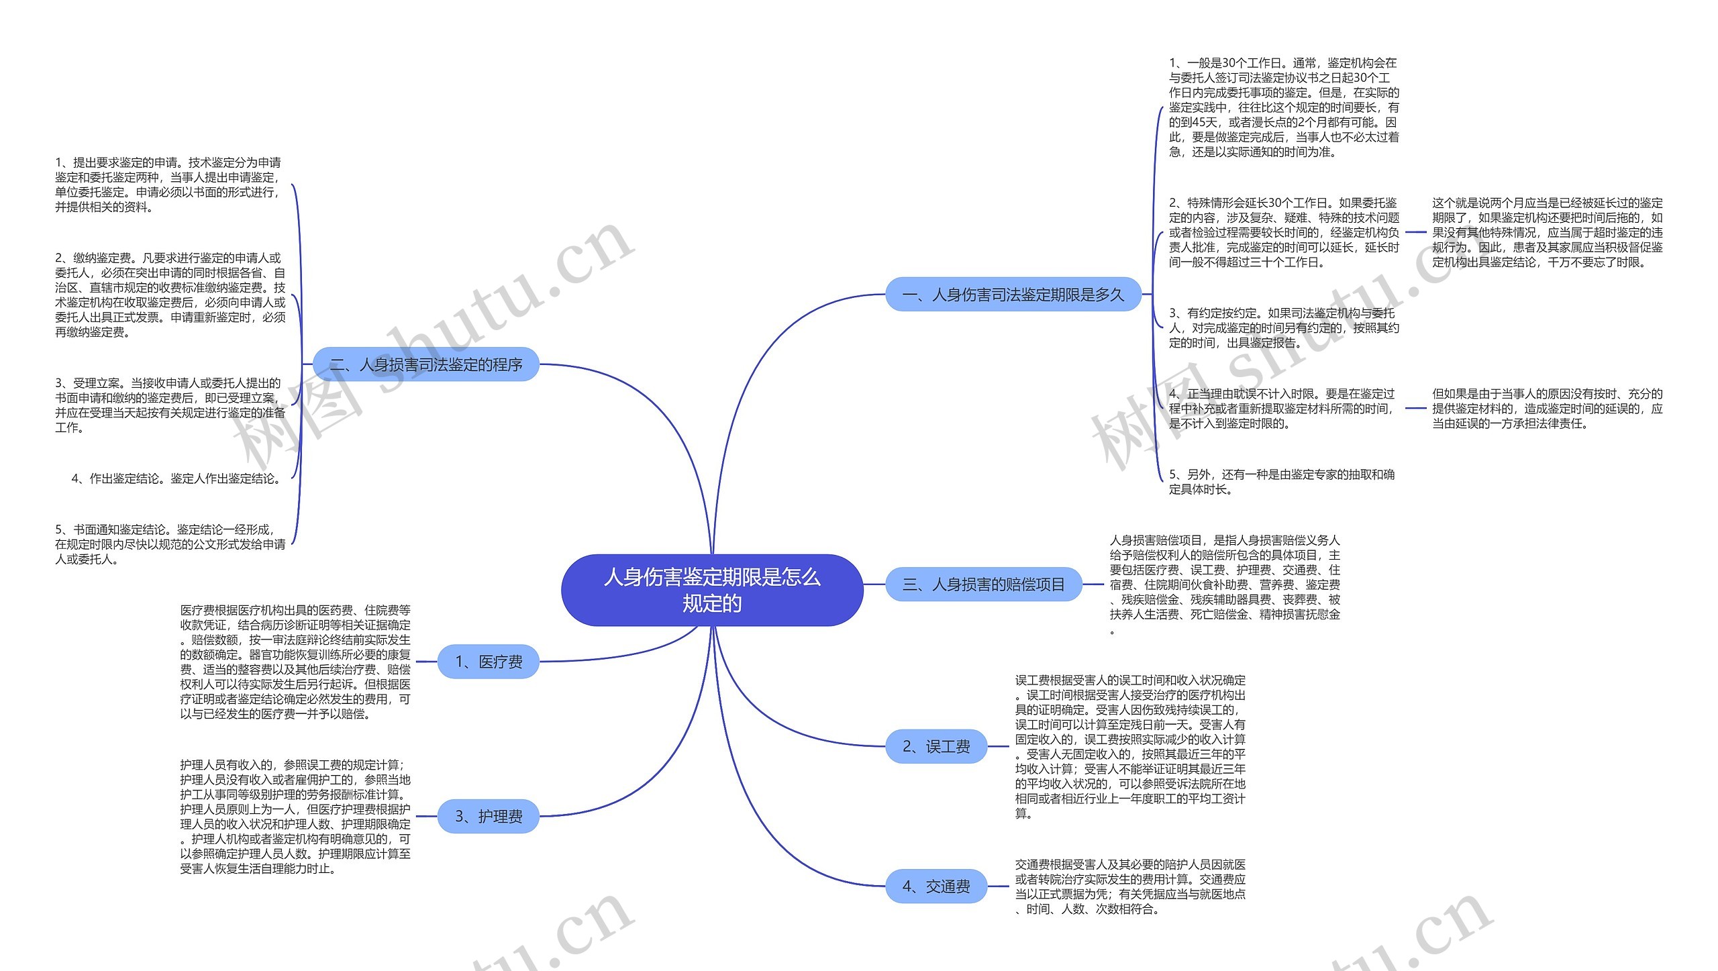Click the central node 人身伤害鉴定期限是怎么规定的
[711, 590]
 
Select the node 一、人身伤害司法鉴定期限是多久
[1013, 295]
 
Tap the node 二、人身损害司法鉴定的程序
[426, 364]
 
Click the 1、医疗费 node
[488, 662]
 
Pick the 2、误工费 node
[936, 746]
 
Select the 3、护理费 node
[488, 816]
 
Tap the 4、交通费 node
[936, 886]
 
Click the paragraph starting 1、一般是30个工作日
[1283, 107]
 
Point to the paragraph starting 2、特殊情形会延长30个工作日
[1283, 232]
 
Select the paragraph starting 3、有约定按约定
[1283, 327]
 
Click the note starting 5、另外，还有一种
[1281, 482]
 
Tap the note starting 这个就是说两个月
[1547, 232]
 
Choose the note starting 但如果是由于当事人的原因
[1547, 408]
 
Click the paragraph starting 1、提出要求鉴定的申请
[169, 185]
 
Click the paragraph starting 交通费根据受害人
[1130, 886]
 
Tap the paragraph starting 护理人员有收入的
[295, 816]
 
